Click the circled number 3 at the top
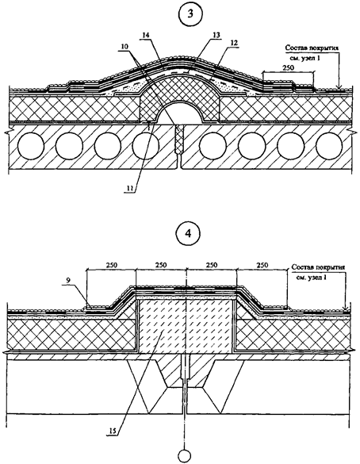coord(191,14)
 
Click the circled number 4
coord(186,233)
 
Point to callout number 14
coord(145,35)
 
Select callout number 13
coord(216,35)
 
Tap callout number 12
coord(234,43)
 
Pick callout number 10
coord(124,47)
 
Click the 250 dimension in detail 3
coord(288,67)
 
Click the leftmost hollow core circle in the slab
coord(31,146)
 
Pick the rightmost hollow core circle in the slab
coord(329,146)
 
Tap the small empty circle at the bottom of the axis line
coord(185,456)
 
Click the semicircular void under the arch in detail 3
coord(181,113)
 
